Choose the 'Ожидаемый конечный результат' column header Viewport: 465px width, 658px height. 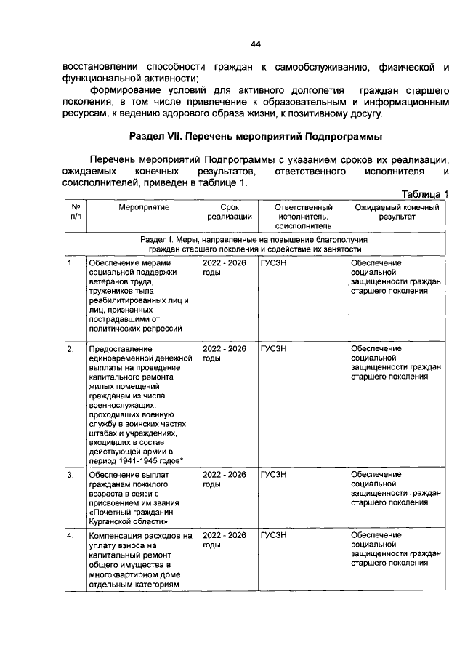point(397,212)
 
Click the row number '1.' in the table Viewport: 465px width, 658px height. point(70,263)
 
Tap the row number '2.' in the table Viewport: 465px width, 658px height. point(70,349)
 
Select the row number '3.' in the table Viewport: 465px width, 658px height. point(70,475)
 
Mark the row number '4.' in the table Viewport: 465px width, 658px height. point(70,536)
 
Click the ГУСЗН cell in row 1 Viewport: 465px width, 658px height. point(273,263)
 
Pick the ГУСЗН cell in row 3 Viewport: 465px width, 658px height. point(273,475)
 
